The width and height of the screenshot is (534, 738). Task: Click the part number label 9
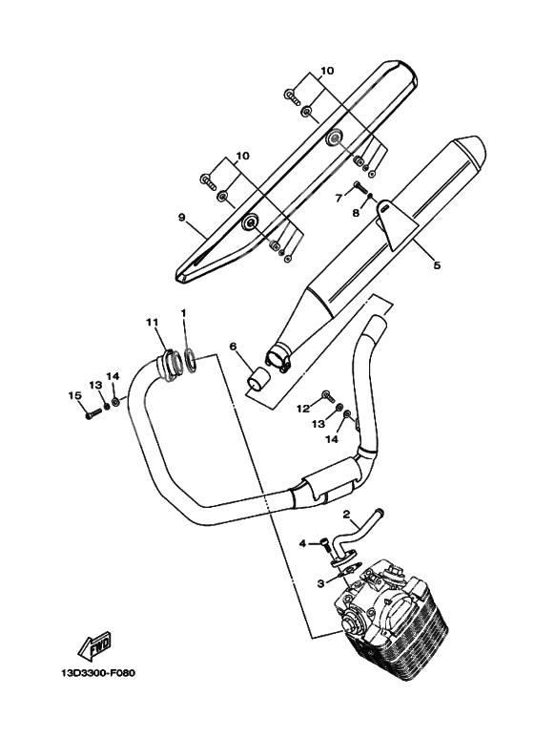pyautogui.click(x=180, y=218)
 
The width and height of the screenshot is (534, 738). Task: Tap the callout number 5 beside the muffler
pyautogui.click(x=437, y=266)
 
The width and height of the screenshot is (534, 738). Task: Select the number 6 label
pyautogui.click(x=232, y=347)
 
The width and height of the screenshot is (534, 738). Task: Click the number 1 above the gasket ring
pyautogui.click(x=184, y=313)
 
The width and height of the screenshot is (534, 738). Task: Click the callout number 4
pyautogui.click(x=303, y=543)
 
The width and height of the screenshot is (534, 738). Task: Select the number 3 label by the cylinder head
pyautogui.click(x=322, y=580)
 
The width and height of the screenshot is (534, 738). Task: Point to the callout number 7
pyautogui.click(x=338, y=198)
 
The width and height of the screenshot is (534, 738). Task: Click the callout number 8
pyautogui.click(x=356, y=214)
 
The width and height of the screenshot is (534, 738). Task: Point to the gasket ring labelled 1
pyautogui.click(x=191, y=360)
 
